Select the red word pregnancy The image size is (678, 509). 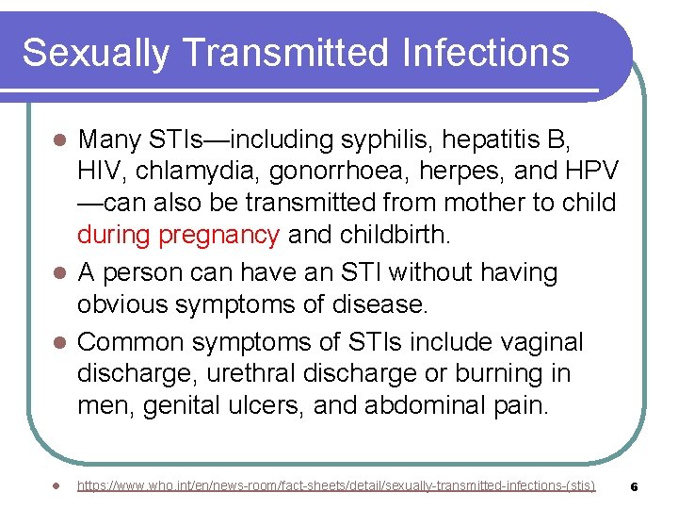219,235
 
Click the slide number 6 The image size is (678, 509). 635,486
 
